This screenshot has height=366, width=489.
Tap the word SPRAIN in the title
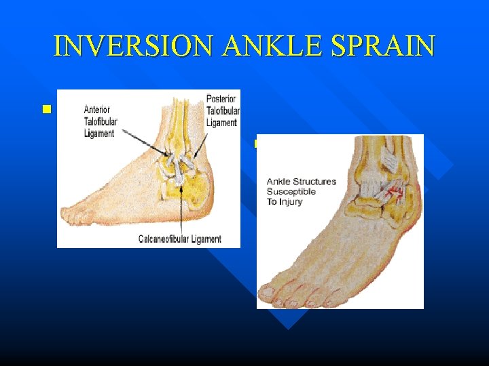click(x=384, y=45)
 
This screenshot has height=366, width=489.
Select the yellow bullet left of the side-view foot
click(x=46, y=108)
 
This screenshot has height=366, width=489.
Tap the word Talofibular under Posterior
click(x=222, y=111)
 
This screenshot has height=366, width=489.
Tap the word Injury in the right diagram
click(x=291, y=202)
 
